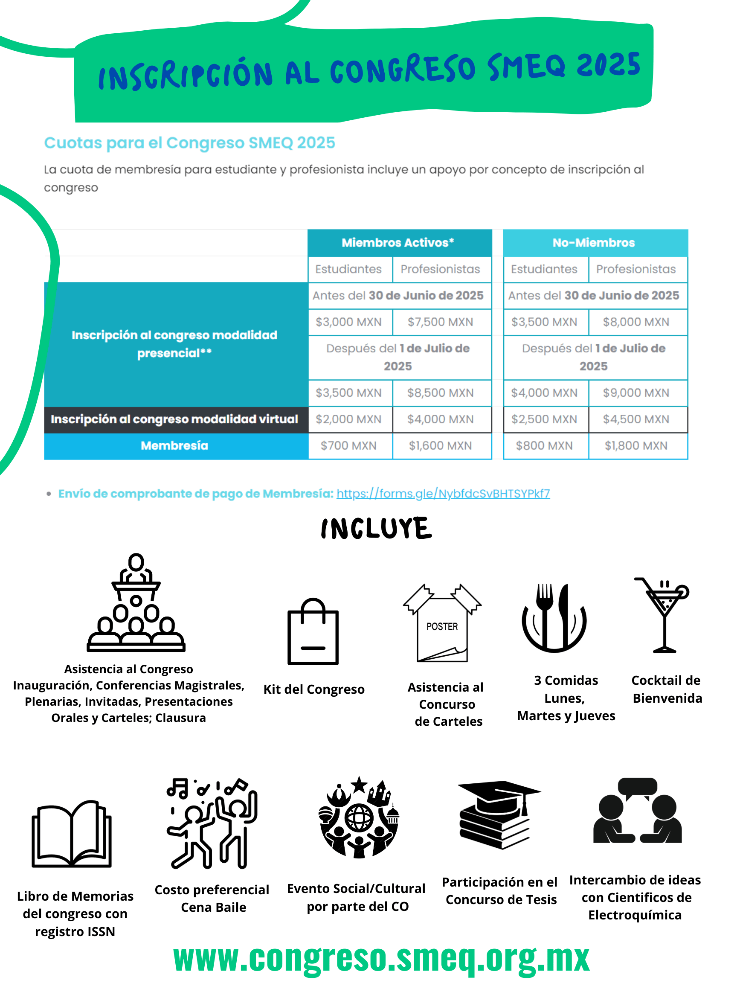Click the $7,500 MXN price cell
point(440,322)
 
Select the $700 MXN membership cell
point(348,445)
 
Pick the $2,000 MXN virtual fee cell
point(348,419)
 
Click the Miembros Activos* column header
point(398,243)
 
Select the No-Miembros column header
point(594,243)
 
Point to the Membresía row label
point(174,445)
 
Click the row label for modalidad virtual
point(174,419)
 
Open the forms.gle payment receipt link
point(443,494)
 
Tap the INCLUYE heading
point(376,528)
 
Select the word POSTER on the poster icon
point(441,627)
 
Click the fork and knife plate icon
point(554,618)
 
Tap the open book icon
point(72,835)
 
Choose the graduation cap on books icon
point(499,814)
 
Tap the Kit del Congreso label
point(313,689)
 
